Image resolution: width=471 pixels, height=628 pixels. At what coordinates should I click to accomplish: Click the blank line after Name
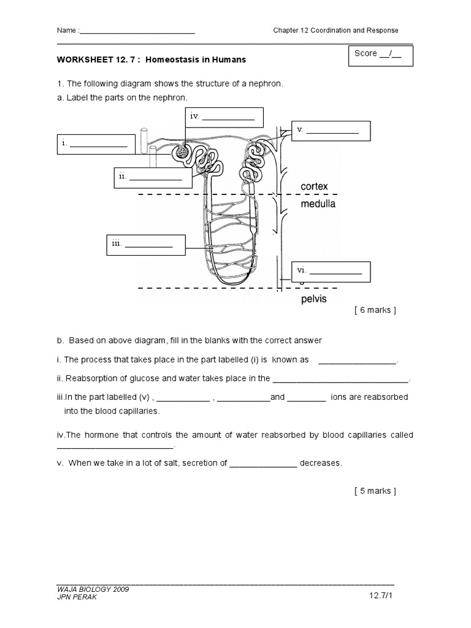(x=137, y=31)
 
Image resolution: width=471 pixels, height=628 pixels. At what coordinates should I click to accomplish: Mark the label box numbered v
(x=331, y=131)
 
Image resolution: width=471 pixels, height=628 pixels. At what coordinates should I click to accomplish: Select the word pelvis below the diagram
(x=313, y=299)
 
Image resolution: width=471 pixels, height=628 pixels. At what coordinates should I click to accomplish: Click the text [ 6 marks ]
(x=375, y=310)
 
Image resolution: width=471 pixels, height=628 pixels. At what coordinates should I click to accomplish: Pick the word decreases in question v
(x=321, y=463)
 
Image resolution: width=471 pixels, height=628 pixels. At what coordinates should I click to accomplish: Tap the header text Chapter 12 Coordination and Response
(x=335, y=31)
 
